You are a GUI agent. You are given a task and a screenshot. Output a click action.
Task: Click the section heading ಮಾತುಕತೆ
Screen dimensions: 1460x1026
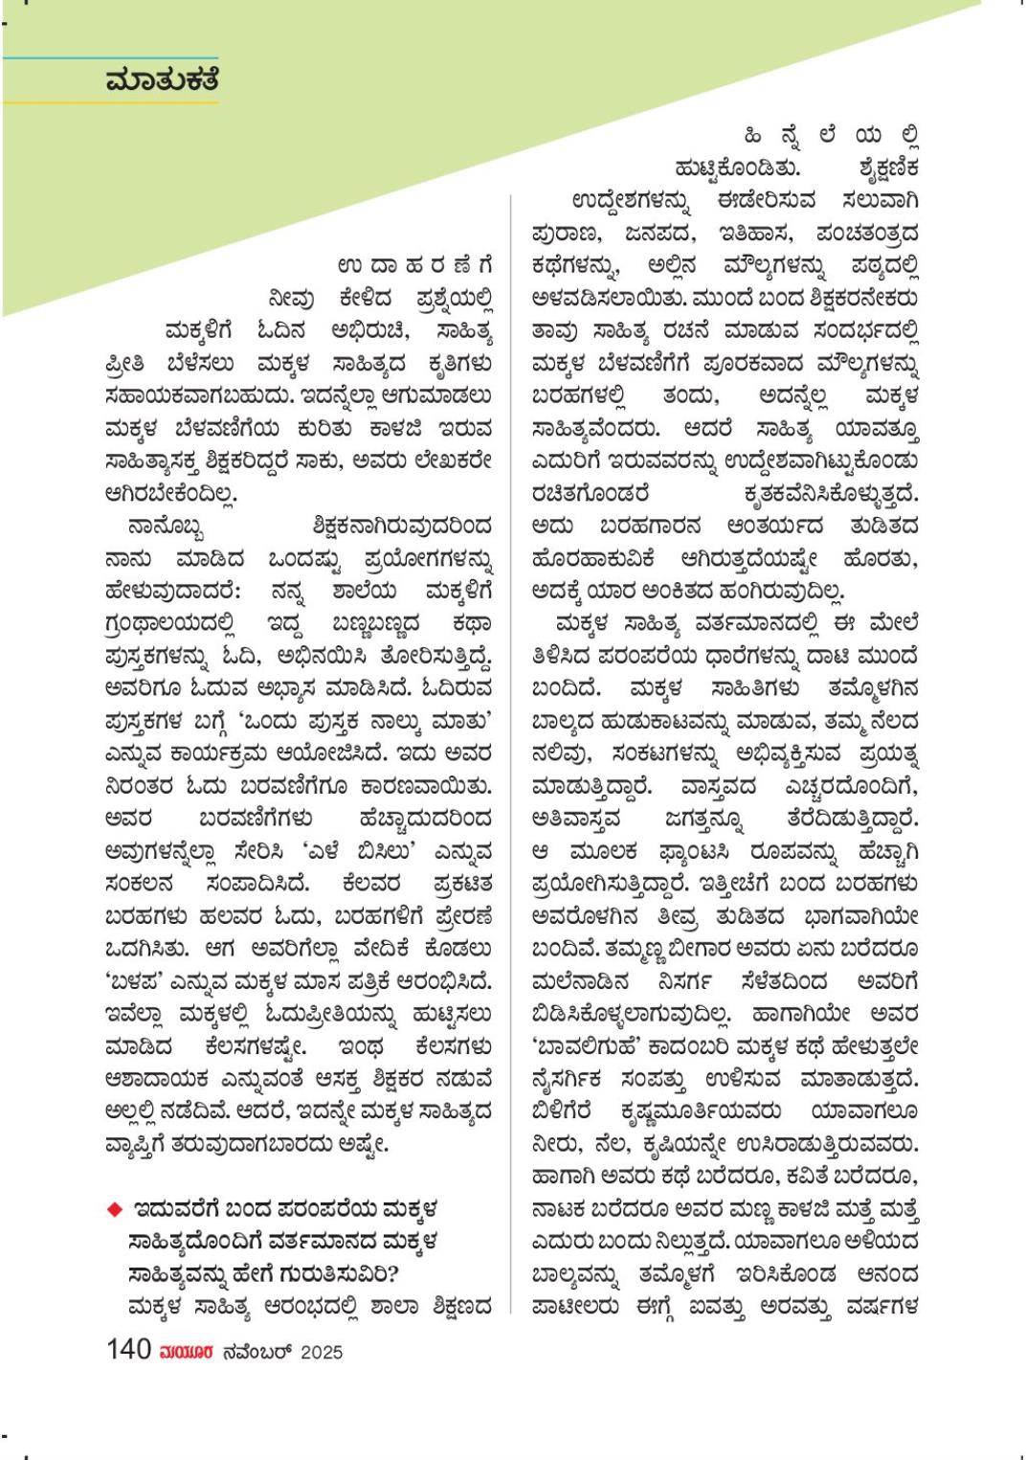(162, 80)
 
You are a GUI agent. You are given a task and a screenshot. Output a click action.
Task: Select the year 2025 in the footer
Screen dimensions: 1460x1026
(321, 1352)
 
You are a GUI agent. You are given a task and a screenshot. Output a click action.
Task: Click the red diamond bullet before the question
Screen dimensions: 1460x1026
(115, 1209)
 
